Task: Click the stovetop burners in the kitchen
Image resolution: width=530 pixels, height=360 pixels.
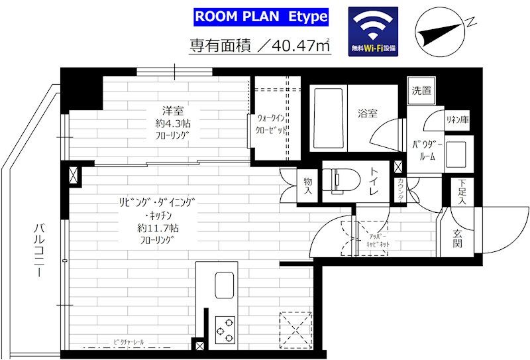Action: (225, 327)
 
